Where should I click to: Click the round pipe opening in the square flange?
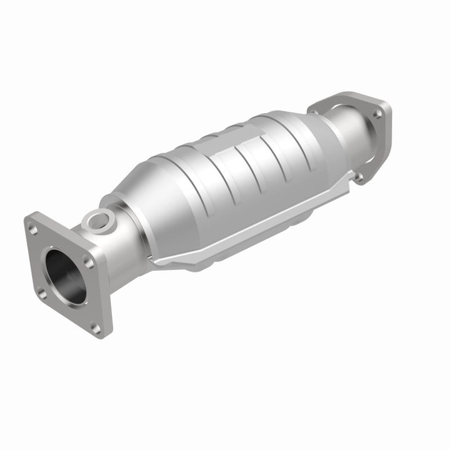(x=66, y=276)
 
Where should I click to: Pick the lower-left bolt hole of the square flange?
(x=42, y=291)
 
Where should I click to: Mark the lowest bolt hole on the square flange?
(x=96, y=326)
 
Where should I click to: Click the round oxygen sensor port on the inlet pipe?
(x=100, y=219)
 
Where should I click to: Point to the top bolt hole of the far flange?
(x=377, y=114)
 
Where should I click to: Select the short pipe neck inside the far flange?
(x=350, y=134)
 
